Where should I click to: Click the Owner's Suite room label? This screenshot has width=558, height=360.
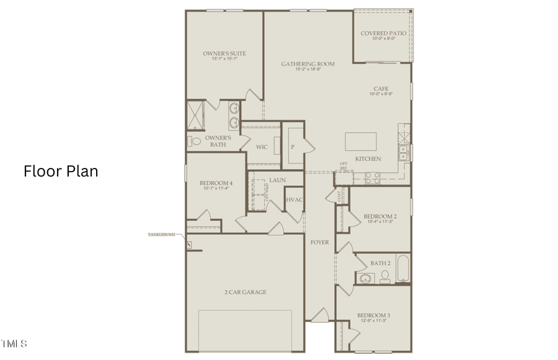(224, 54)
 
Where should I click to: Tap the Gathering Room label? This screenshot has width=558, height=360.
(308, 64)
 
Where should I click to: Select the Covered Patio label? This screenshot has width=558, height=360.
(384, 33)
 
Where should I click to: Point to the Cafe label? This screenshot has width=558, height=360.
(381, 89)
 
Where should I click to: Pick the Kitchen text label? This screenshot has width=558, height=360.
(368, 159)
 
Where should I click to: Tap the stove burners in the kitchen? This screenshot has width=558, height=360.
(372, 178)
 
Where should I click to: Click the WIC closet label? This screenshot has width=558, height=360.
(262, 147)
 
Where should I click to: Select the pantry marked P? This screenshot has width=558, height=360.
(291, 147)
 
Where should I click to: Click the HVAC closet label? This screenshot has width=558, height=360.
(294, 200)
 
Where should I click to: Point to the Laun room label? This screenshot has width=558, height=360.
(277, 180)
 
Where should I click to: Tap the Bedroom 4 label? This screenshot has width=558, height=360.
(216, 183)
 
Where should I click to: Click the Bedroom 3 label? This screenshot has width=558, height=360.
(373, 315)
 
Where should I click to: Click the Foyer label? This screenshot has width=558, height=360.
(319, 242)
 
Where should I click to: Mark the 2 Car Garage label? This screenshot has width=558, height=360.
(246, 292)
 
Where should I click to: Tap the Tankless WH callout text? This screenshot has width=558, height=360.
(161, 235)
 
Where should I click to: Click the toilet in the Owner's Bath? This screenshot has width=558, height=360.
(195, 142)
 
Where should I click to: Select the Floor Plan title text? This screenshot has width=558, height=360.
(61, 171)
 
